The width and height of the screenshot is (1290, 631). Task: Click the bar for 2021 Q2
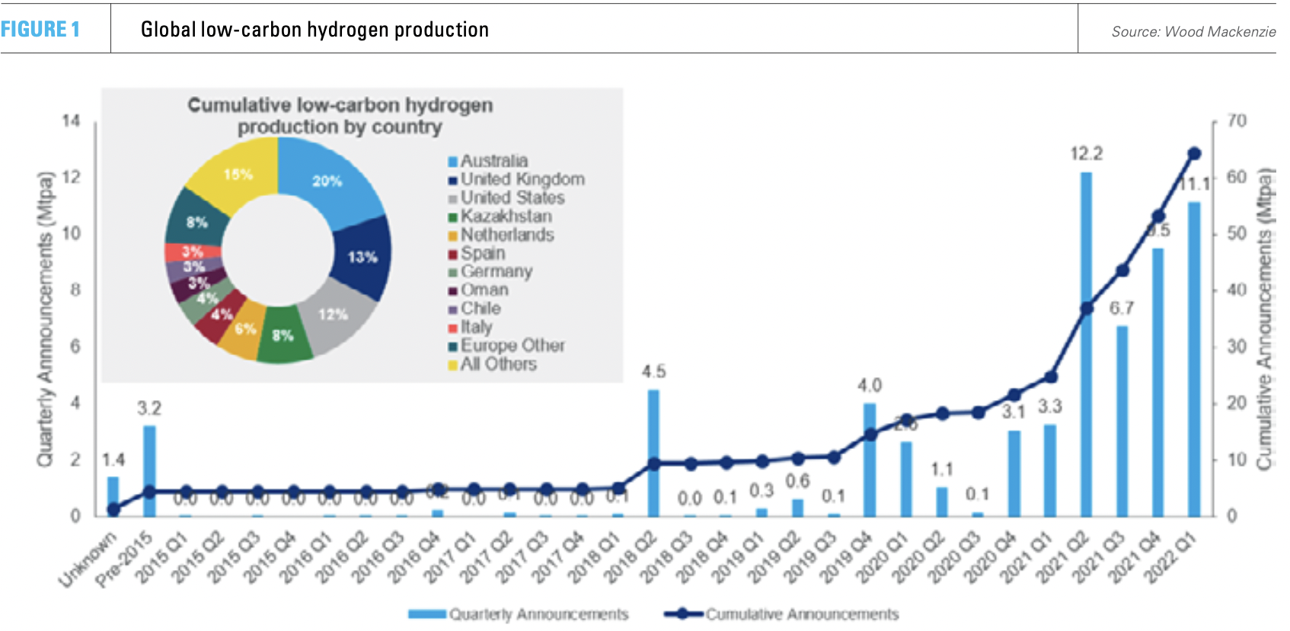(x=1086, y=343)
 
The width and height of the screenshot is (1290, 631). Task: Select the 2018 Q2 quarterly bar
(x=653, y=453)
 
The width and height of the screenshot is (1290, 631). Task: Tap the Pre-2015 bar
(x=149, y=470)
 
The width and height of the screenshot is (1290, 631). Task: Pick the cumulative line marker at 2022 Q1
(x=1194, y=154)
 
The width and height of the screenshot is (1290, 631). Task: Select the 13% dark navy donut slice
(x=362, y=257)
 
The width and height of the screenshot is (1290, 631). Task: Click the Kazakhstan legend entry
(x=506, y=216)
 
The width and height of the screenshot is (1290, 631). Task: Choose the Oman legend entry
(x=484, y=290)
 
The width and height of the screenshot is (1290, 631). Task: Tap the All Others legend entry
(x=498, y=364)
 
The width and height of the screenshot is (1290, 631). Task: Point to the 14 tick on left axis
(x=71, y=121)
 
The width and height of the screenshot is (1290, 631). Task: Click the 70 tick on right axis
(x=1237, y=121)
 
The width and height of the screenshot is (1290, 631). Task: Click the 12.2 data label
(x=1086, y=154)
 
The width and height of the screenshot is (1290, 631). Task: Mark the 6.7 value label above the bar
(x=1122, y=308)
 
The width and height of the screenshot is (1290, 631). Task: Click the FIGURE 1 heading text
(x=40, y=30)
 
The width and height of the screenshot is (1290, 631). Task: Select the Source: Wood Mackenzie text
(x=1193, y=32)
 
